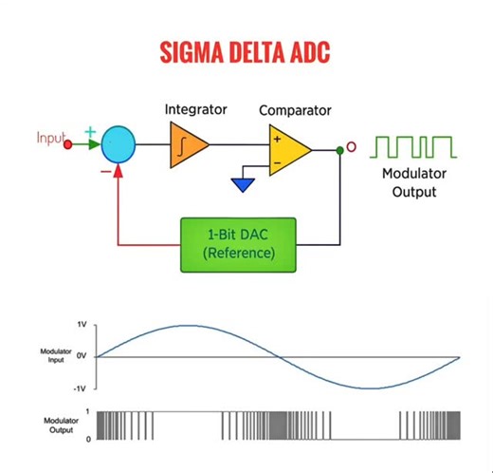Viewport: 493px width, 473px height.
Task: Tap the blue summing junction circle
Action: (x=118, y=145)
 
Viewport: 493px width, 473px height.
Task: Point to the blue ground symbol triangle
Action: (x=244, y=183)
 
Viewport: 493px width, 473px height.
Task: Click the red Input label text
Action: (x=49, y=139)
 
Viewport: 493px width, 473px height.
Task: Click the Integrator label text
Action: (x=195, y=109)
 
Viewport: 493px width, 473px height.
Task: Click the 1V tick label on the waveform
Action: (x=82, y=325)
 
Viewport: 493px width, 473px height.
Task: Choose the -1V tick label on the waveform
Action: (x=80, y=388)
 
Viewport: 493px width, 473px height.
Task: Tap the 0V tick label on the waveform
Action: (x=82, y=356)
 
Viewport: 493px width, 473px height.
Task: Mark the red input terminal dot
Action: (x=67, y=145)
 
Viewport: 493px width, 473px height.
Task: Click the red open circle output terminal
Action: (x=352, y=147)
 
